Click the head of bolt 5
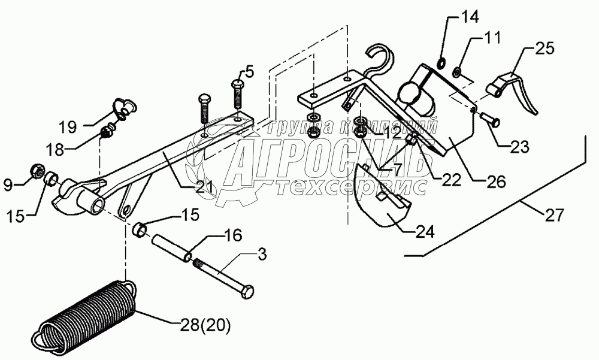tap(236, 75)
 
